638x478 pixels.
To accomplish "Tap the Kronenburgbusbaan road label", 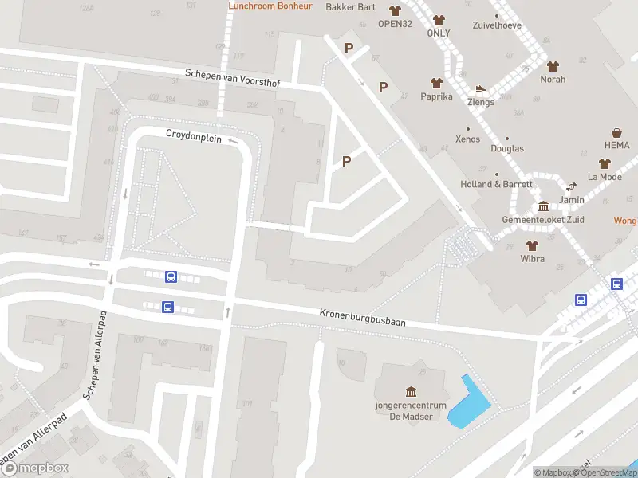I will pos(363,317).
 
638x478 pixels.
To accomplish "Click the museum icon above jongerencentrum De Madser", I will pos(411,391).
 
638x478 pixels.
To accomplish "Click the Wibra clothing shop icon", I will pos(532,245).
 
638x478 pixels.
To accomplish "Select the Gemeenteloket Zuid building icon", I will pos(543,206).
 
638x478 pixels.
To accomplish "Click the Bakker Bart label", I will pos(351,7).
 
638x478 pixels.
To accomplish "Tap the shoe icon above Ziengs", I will pos(480,89).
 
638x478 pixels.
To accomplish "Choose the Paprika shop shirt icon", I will pos(436,83).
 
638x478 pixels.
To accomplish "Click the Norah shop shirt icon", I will pos(553,66).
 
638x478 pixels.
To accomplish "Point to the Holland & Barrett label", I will pos(496,184).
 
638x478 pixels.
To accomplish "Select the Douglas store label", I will pos(507,148).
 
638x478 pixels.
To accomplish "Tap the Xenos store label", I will pos(468,139).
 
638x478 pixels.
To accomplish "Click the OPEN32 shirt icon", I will pos(395,10).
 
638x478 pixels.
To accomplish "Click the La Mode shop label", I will pos(605,177).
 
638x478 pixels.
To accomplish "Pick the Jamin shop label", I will pos(572,199).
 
